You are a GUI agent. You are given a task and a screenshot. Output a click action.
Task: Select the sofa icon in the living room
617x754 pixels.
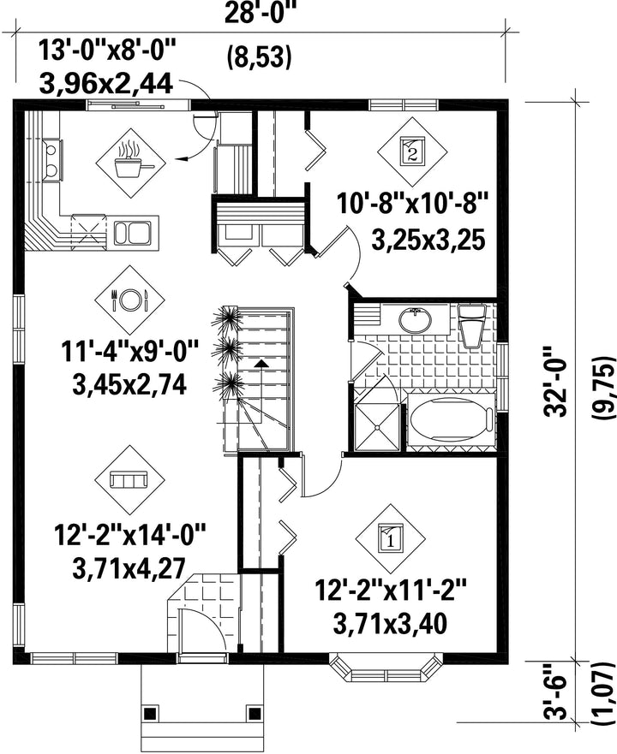[x=129, y=479]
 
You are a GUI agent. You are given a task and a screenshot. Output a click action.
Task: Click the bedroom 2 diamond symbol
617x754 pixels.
[x=412, y=151]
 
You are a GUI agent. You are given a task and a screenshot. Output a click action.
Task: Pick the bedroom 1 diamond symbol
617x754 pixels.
[x=391, y=538]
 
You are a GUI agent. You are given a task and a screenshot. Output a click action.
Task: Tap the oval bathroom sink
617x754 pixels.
[x=415, y=318]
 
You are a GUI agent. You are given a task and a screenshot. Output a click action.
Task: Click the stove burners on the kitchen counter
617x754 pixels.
[x=52, y=159]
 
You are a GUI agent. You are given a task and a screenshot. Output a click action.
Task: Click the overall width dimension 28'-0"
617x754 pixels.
[x=261, y=12]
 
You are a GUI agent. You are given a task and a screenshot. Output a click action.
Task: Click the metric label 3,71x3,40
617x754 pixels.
[x=390, y=624]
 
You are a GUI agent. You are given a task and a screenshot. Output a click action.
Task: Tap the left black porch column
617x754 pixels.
[x=150, y=710]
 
